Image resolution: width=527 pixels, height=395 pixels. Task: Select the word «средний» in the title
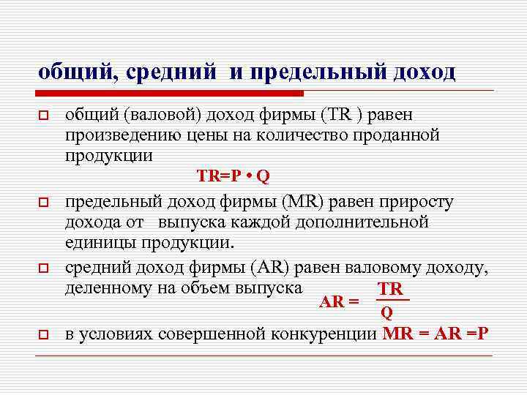[171, 72]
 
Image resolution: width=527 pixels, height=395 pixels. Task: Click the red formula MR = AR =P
[436, 334]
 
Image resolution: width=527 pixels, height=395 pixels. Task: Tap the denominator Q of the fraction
[387, 313]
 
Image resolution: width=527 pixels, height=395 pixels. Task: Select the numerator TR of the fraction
[389, 290]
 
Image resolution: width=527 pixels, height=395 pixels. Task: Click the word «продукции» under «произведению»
[108, 155]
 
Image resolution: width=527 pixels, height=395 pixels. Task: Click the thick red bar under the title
[170, 94]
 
